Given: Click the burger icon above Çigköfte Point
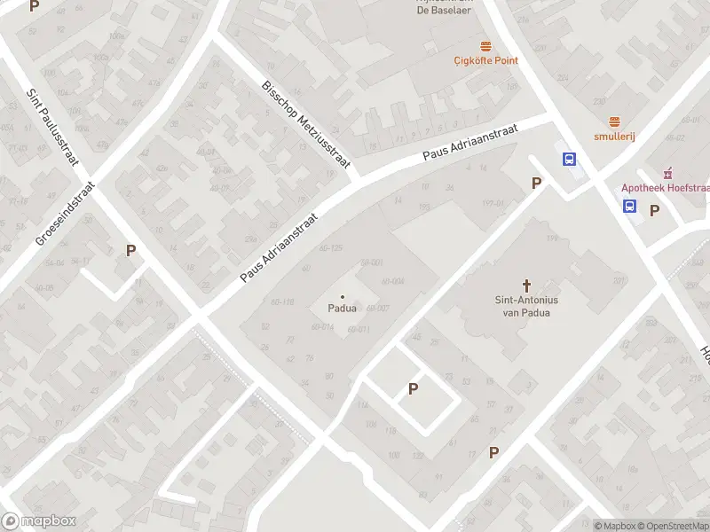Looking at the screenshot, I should pyautogui.click(x=485, y=45).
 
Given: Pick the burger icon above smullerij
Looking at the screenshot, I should pyautogui.click(x=613, y=121).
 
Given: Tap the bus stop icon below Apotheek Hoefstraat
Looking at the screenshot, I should pyautogui.click(x=629, y=207).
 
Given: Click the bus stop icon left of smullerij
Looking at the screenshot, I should pyautogui.click(x=568, y=160).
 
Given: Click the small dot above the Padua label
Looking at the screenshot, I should pyautogui.click(x=343, y=297).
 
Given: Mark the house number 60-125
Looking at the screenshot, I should pyautogui.click(x=330, y=247).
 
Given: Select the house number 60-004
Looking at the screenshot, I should pyautogui.click(x=392, y=281).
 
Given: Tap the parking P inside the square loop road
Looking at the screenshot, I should pyautogui.click(x=413, y=388).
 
